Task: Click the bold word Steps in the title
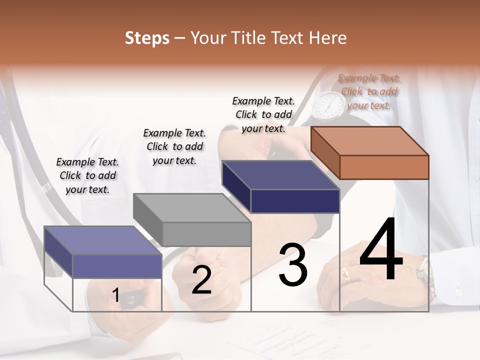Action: pos(147,38)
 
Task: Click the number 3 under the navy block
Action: pos(293,265)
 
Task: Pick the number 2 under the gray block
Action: pos(201,280)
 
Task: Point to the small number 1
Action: pos(115,295)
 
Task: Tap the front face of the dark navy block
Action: pos(295,201)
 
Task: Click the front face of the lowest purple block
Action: pos(117,266)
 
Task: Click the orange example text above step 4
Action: pos(369,91)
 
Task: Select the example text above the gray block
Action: pos(174,146)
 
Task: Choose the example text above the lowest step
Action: pos(87,175)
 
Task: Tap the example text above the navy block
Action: pos(263,114)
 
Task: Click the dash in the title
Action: pos(180,38)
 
